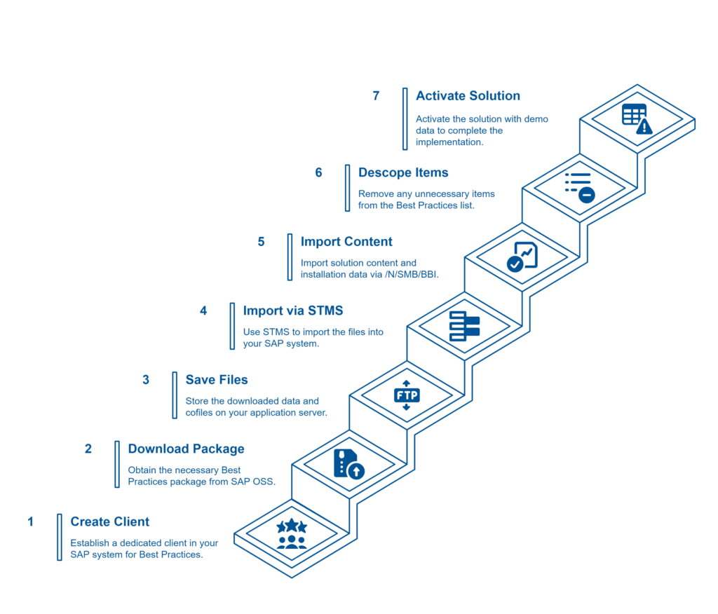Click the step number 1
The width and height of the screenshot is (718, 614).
click(x=30, y=521)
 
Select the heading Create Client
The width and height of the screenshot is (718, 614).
click(x=109, y=521)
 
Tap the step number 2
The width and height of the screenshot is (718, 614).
click(x=88, y=449)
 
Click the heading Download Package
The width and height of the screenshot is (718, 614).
click(x=186, y=449)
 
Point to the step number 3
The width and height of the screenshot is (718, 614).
click(x=146, y=380)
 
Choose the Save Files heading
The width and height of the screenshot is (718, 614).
click(x=216, y=380)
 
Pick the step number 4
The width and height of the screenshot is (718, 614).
click(x=203, y=311)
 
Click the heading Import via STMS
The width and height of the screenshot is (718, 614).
click(x=292, y=311)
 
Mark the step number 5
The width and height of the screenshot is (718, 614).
click(x=261, y=242)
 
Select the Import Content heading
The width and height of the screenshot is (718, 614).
click(x=346, y=242)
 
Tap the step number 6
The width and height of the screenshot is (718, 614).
click(x=318, y=172)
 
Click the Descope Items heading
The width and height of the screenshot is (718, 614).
click(x=403, y=172)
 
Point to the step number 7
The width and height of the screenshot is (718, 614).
click(x=377, y=96)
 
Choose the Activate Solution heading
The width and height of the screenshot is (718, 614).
click(x=468, y=96)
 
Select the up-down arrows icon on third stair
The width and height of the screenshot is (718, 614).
click(x=407, y=396)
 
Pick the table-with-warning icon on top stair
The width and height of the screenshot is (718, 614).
click(x=637, y=118)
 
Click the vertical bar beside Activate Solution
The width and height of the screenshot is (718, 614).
click(x=405, y=118)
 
